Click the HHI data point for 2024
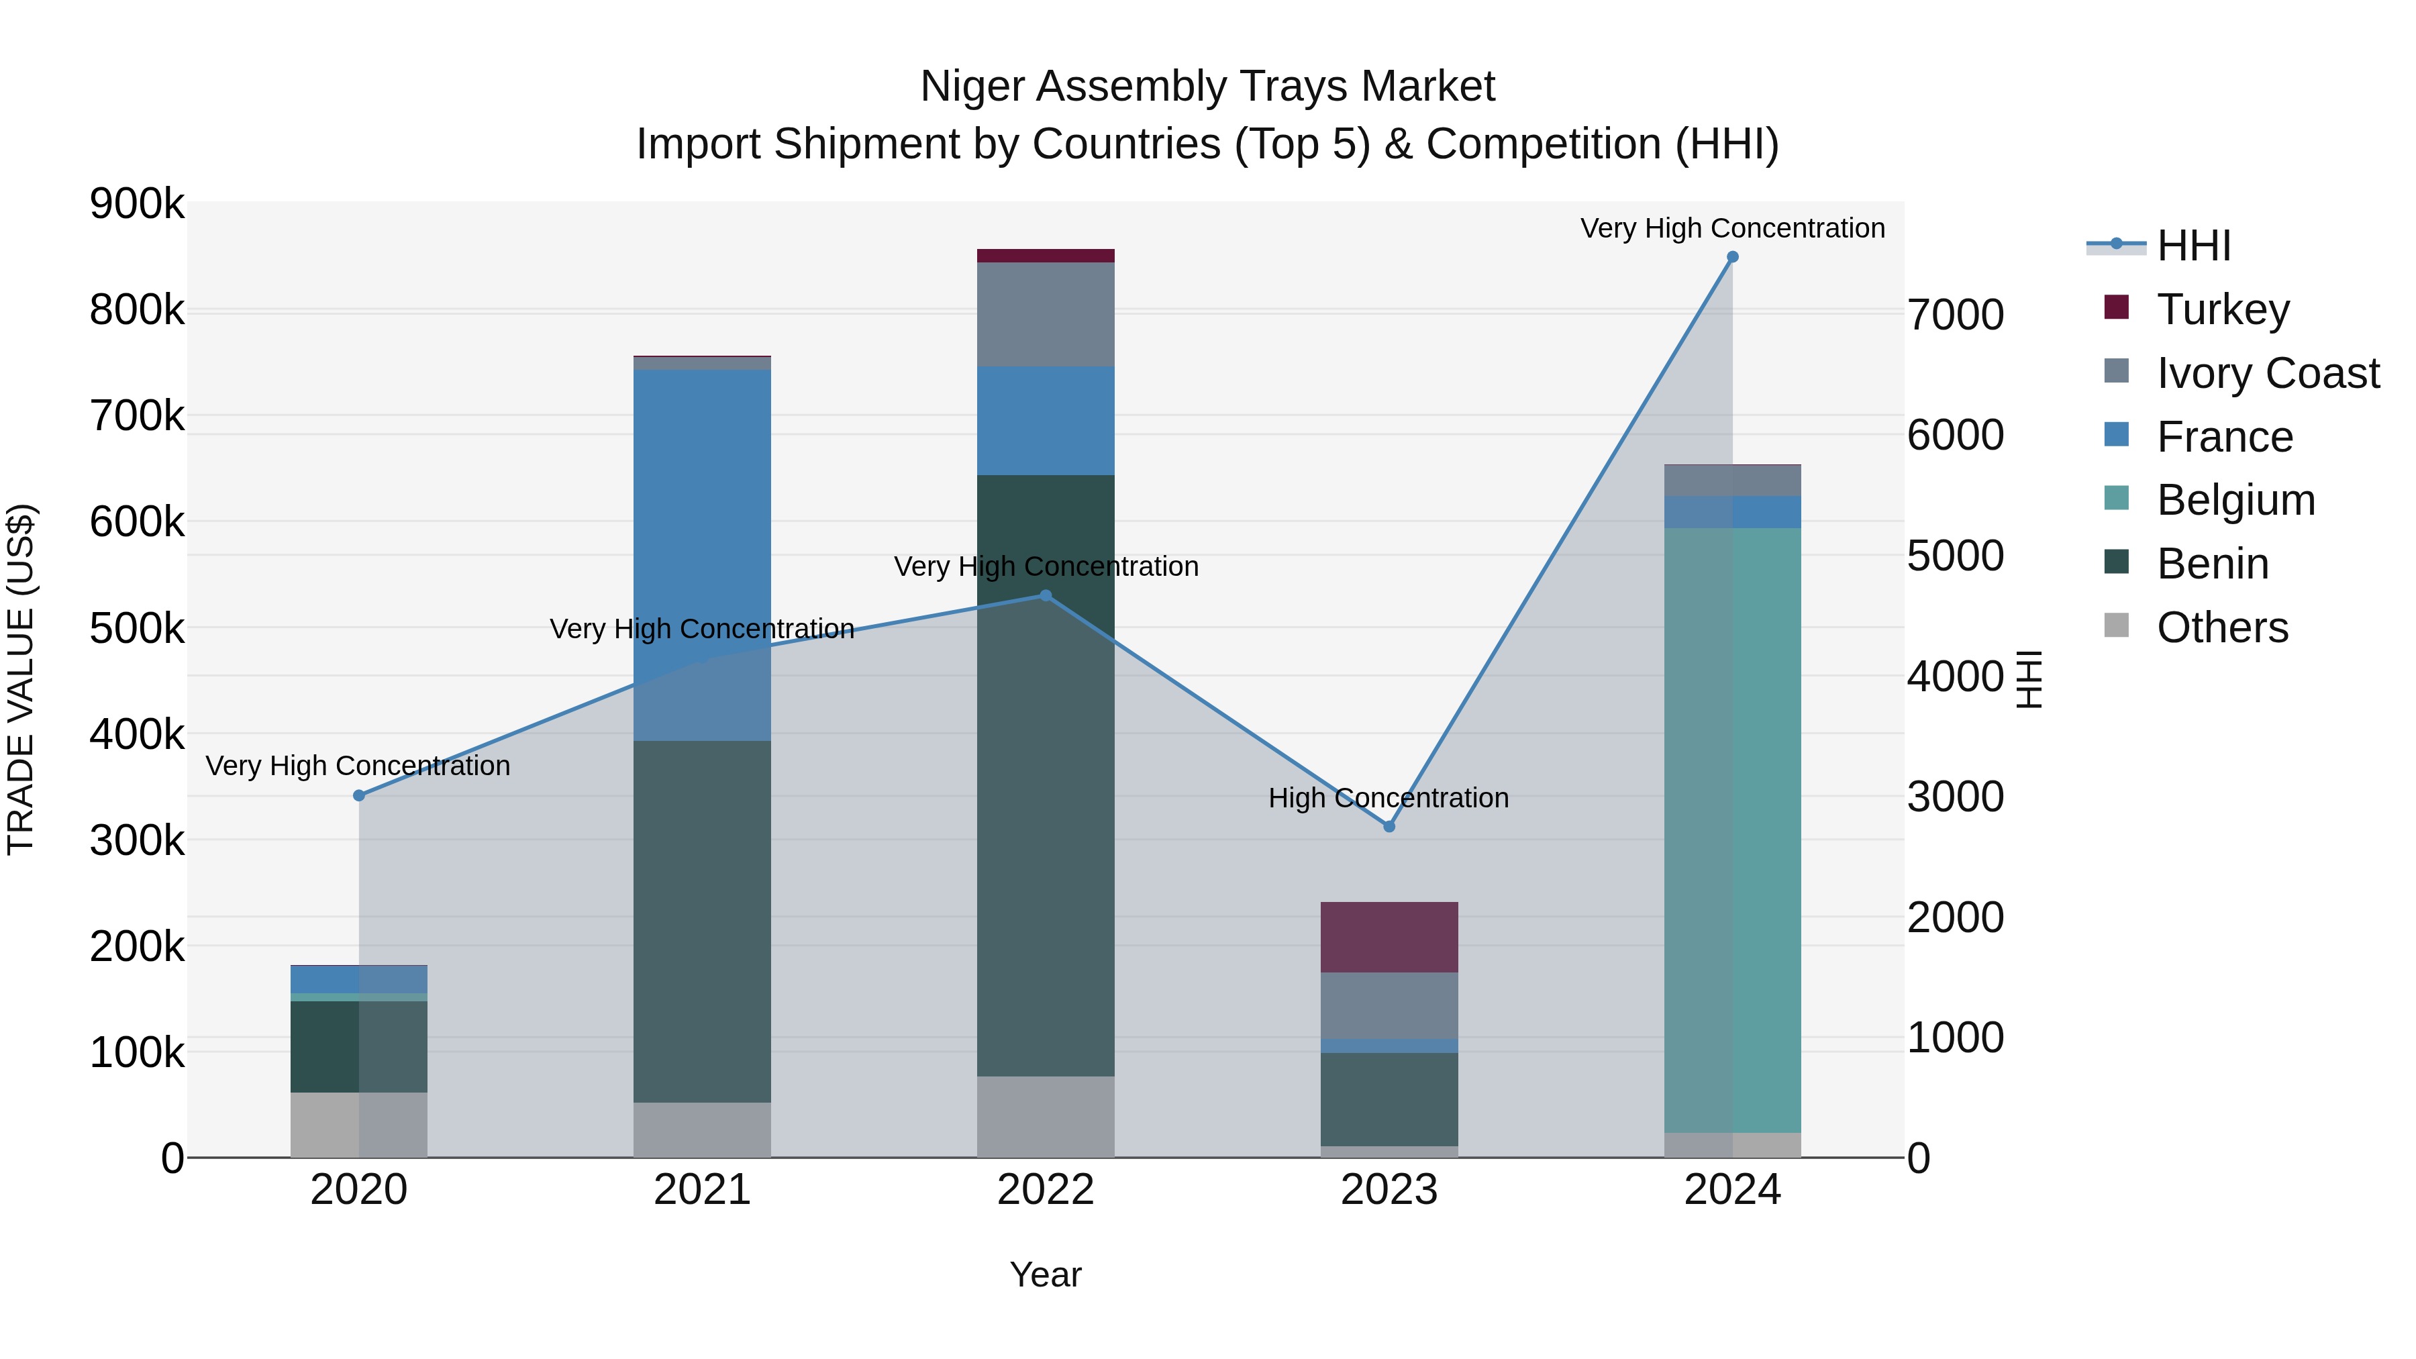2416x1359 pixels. pyautogui.click(x=1732, y=257)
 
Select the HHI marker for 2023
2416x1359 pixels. pyautogui.click(x=1389, y=826)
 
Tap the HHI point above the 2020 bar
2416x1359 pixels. pyautogui.click(x=359, y=795)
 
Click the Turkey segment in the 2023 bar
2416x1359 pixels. pyautogui.click(x=1389, y=937)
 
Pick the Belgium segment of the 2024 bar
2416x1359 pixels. pyautogui.click(x=1732, y=830)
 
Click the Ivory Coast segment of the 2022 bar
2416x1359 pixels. pyautogui.click(x=1046, y=314)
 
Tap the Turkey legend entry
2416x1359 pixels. pyautogui.click(x=2222, y=309)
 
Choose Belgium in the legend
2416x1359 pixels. pyautogui.click(x=2235, y=500)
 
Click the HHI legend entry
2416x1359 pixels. pyautogui.click(x=2193, y=246)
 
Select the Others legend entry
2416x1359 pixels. pyautogui.click(x=2222, y=627)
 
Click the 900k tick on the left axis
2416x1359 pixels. pyautogui.click(x=137, y=203)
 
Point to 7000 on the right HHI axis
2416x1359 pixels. pyautogui.click(x=1956, y=315)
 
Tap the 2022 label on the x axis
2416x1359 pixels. pyautogui.click(x=1046, y=1190)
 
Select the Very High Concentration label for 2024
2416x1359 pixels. pyautogui.click(x=1732, y=228)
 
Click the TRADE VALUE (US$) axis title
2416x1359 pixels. pyautogui.click(x=21, y=679)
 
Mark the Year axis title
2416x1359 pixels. pyautogui.click(x=1046, y=1274)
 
